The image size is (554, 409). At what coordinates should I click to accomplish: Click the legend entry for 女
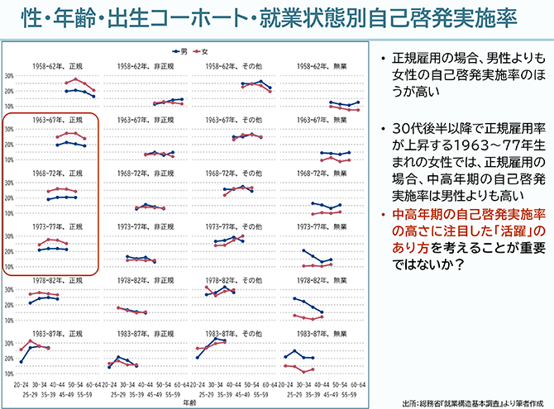pos(198,50)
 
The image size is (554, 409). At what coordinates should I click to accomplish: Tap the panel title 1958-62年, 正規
pos(59,65)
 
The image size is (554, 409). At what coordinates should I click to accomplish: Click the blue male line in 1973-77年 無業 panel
pos(318,257)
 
